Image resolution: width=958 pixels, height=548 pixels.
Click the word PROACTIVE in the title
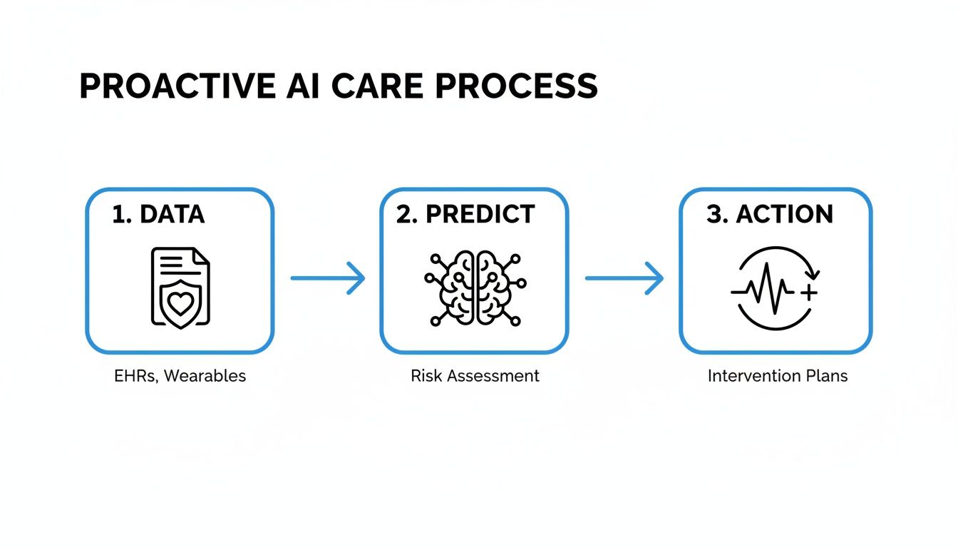coord(177,86)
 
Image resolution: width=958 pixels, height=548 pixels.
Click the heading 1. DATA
coord(158,215)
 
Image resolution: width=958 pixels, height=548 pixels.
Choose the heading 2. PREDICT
coord(465,215)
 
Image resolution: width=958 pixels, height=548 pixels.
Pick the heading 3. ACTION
coord(770,215)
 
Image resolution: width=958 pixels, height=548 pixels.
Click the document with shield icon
coord(180,288)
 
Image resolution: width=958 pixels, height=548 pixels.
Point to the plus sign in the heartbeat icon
coord(808,293)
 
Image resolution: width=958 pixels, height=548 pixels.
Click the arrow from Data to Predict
coord(327,278)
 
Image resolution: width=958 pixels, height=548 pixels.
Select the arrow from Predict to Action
coord(624,278)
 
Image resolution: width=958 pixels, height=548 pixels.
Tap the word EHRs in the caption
coord(134,376)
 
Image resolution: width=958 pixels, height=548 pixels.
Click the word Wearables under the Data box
coord(205,376)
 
